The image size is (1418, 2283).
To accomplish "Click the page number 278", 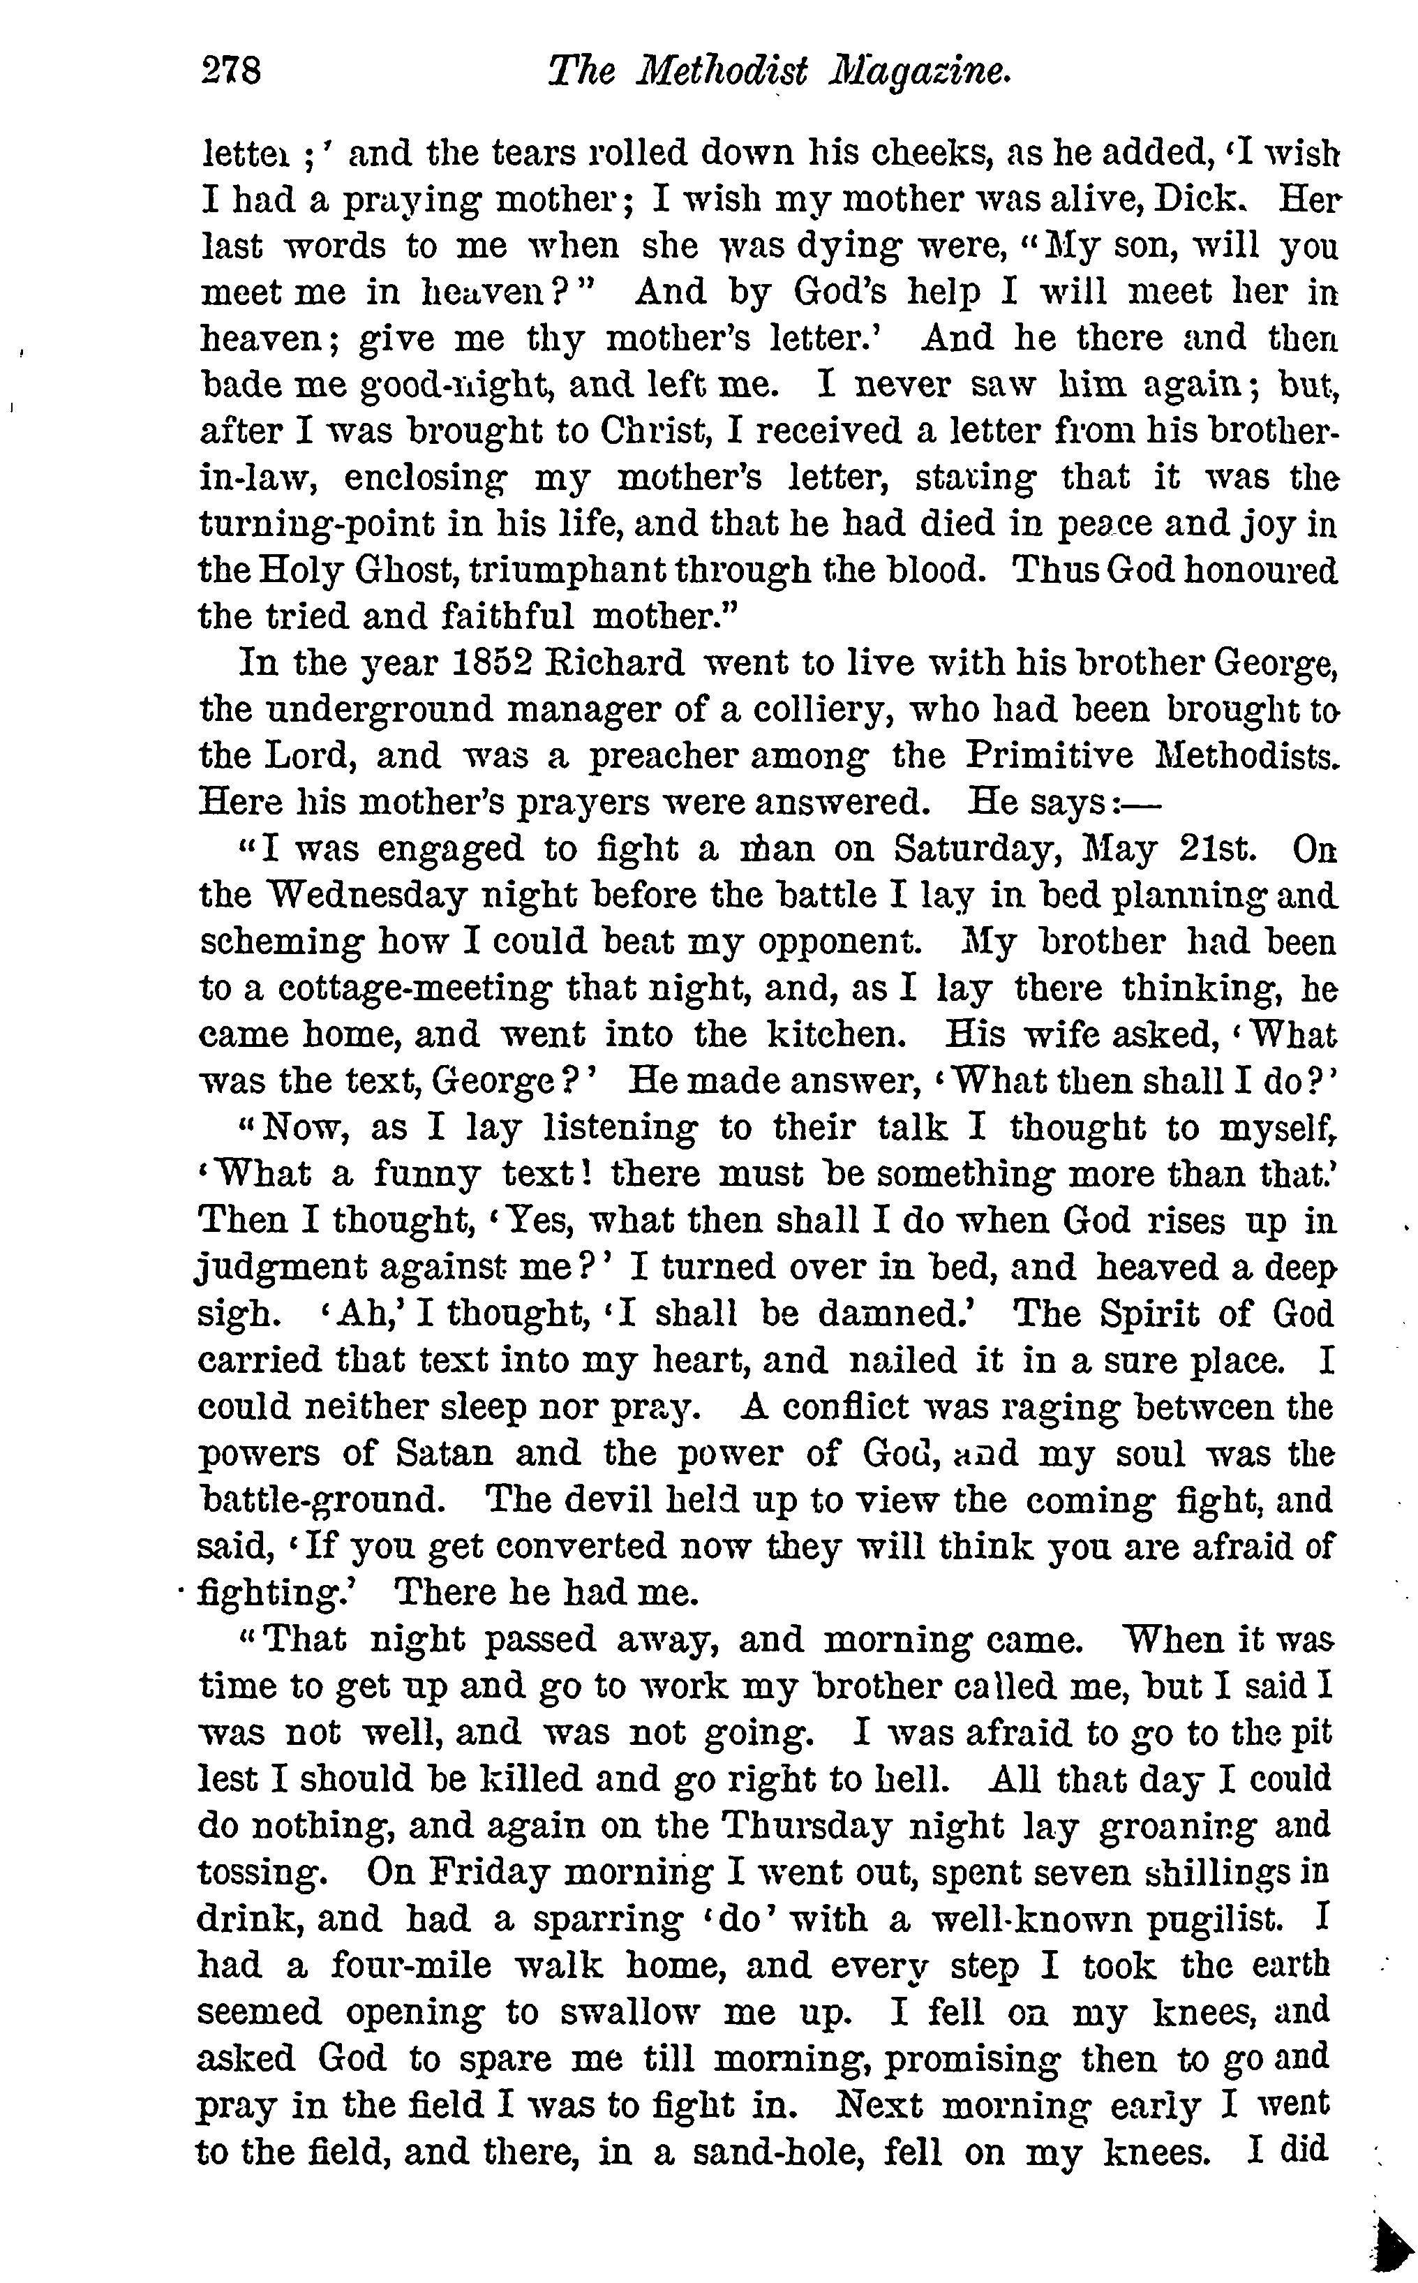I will [231, 70].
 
